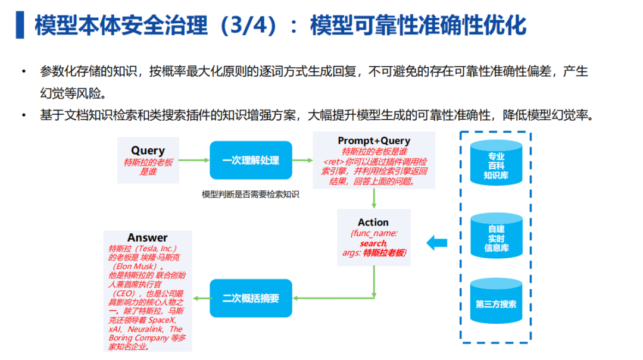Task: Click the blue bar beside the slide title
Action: tap(20, 25)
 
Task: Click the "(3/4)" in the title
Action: tap(248, 26)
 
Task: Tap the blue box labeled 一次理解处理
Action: tap(251, 160)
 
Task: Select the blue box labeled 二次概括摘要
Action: tap(251, 298)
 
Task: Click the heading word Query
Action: tap(148, 151)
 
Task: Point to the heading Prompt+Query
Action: tap(374, 140)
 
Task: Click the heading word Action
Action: tap(373, 222)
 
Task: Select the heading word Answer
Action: tap(147, 237)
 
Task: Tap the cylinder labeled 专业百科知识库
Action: tap(496, 163)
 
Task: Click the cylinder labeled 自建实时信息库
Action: tap(496, 236)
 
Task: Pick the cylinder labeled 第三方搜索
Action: tap(496, 301)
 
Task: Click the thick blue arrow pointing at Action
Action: tap(437, 243)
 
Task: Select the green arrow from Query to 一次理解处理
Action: tap(194, 160)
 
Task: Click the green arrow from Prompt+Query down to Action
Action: tap(373, 199)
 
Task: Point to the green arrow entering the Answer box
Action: tap(201, 298)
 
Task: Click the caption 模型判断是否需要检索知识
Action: tap(251, 195)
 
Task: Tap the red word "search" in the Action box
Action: tap(373, 243)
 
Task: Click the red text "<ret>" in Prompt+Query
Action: tap(333, 162)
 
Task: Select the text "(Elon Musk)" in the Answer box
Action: tap(136, 267)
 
